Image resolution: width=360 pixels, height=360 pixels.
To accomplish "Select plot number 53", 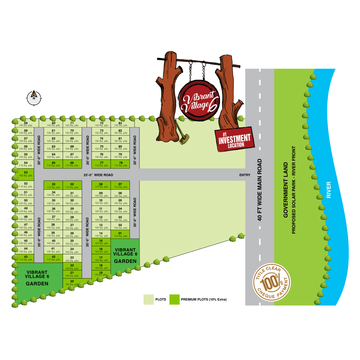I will (25, 174).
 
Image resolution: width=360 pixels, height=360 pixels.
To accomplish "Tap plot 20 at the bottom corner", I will (72, 282).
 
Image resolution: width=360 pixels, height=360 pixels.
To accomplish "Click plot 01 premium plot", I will (120, 234).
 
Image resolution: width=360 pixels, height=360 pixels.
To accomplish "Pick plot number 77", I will (101, 164).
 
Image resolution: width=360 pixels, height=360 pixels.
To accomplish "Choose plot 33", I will (53, 185).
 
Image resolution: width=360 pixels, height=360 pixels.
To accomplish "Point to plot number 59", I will (25, 124).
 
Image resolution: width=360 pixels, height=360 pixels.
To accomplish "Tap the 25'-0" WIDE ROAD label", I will (98, 175).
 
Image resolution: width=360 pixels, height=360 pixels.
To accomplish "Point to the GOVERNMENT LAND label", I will (286, 190).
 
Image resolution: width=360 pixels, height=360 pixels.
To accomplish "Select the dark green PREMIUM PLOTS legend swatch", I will (174, 299).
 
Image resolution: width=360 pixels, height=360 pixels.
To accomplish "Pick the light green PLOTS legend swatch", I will (148, 299).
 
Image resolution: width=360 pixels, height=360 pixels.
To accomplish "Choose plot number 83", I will (120, 124).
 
